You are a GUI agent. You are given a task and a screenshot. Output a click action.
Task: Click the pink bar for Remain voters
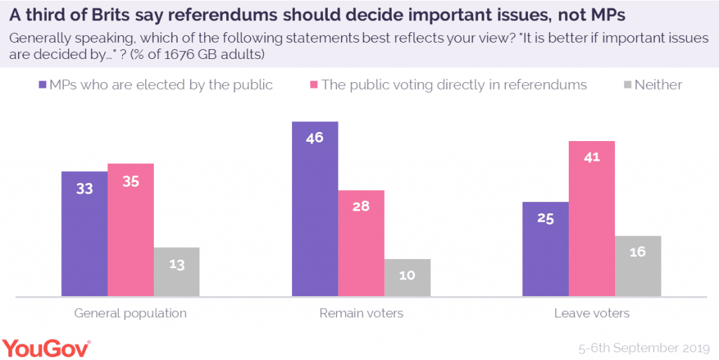[361, 243]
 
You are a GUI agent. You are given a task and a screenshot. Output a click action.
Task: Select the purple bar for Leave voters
[545, 249]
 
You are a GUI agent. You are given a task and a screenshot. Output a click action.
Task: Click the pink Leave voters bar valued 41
[591, 218]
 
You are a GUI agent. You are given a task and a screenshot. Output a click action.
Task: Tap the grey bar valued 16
[638, 266]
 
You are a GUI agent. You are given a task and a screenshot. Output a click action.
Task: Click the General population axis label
[131, 313]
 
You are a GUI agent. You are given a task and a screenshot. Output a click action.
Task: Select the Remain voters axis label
[361, 313]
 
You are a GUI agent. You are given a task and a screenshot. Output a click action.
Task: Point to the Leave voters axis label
[591, 313]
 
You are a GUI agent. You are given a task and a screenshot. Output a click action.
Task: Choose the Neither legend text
[658, 85]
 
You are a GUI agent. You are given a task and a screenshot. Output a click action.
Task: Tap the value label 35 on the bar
[131, 181]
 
